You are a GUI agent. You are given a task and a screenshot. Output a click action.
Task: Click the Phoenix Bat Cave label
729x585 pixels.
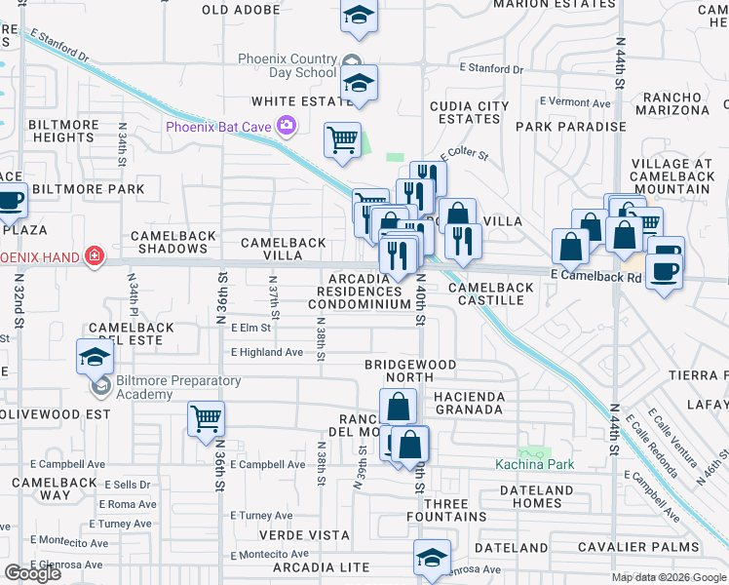pyautogui.click(x=219, y=126)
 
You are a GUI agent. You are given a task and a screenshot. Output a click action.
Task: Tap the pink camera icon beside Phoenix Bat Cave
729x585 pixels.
pyautogui.click(x=287, y=125)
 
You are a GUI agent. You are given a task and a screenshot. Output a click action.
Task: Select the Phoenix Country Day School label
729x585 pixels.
pyautogui.click(x=288, y=65)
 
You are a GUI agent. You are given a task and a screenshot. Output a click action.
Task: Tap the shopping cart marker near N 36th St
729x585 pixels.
pyautogui.click(x=206, y=419)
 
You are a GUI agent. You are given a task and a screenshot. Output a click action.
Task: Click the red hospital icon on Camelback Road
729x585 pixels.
pyautogui.click(x=95, y=256)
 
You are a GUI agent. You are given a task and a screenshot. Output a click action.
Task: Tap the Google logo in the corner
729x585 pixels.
pyautogui.click(x=33, y=572)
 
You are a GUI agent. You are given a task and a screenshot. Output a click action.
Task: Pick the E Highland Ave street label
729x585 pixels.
pyautogui.click(x=266, y=352)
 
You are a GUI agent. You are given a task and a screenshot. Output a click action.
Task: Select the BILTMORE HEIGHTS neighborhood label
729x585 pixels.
pyautogui.click(x=61, y=131)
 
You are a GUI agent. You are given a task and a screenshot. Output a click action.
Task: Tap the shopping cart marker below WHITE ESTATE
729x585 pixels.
pyautogui.click(x=342, y=140)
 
